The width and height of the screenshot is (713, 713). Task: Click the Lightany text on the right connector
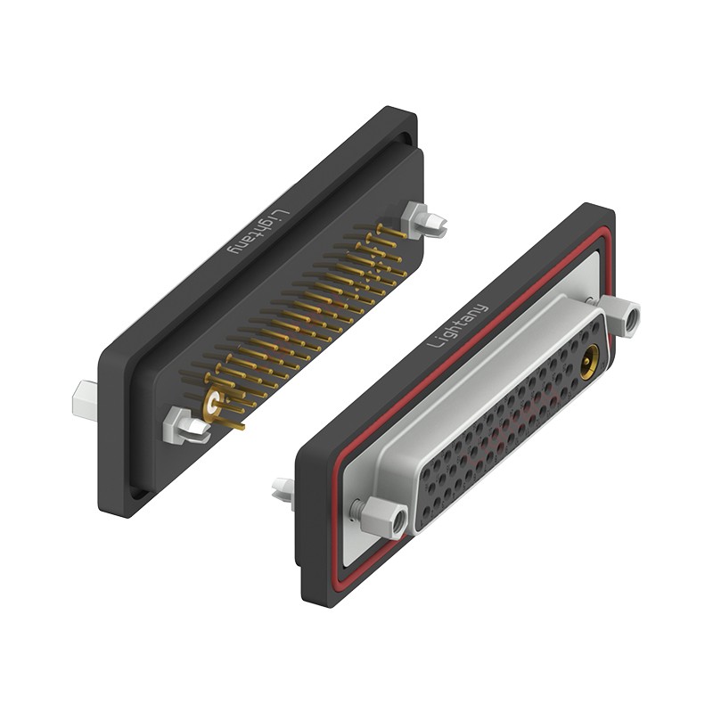[458, 324]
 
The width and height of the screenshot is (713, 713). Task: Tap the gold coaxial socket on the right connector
[589, 363]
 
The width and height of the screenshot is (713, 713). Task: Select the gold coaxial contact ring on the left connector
[213, 404]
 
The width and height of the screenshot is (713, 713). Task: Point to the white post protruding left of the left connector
[85, 401]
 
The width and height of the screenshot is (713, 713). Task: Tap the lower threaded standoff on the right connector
[381, 516]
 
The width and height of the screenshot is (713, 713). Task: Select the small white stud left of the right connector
[283, 489]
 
